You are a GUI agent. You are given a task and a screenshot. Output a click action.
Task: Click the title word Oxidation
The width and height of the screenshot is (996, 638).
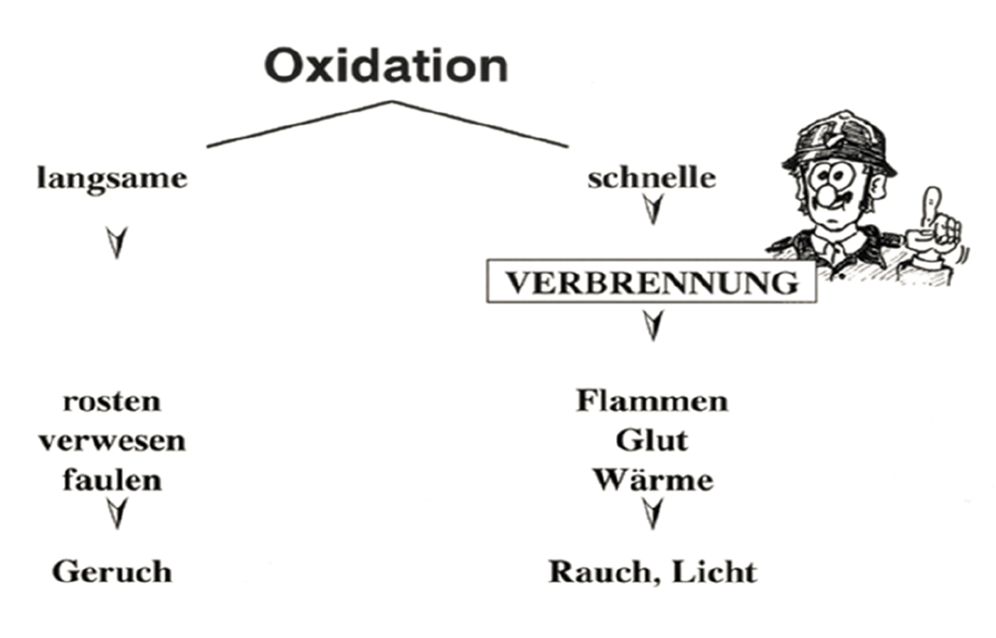pos(386,65)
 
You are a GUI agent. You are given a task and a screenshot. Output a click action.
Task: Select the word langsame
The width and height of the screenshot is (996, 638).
pos(112,178)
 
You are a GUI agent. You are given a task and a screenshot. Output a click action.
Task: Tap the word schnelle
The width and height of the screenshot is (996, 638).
pos(652,178)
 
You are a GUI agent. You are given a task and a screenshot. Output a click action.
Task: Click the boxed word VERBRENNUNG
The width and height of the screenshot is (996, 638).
pos(652,282)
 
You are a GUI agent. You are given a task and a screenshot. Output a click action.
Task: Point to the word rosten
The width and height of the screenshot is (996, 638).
pos(112,401)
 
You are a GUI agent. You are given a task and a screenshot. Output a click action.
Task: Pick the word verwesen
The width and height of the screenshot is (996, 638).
pos(112,441)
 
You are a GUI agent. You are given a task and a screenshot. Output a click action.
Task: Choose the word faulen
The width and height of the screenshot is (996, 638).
pos(112,480)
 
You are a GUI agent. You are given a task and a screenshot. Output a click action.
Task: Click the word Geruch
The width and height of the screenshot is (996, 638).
pos(112,572)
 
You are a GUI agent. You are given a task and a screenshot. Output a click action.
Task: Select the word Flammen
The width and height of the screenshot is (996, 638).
pos(652,401)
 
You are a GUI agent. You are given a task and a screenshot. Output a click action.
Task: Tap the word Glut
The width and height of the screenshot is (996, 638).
pos(652,441)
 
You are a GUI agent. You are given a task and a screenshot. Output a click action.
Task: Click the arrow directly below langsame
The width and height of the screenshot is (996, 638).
pos(117,243)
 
